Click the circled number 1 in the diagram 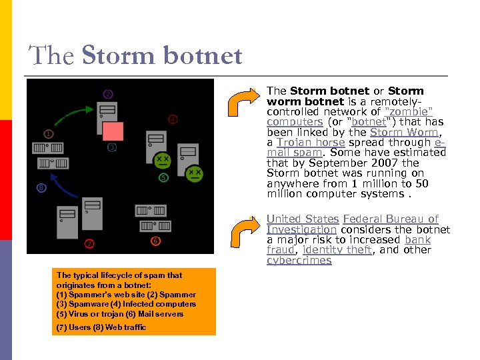(x=49, y=133)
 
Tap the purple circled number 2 (x=108, y=94)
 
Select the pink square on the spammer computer (x=113, y=131)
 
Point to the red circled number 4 (x=173, y=119)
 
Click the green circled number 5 (x=163, y=177)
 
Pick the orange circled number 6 (x=155, y=240)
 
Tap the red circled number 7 (x=89, y=243)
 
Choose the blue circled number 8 (x=41, y=189)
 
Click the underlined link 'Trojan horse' (x=311, y=142)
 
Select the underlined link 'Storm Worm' (x=404, y=132)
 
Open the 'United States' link (x=303, y=219)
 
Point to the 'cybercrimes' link (x=299, y=260)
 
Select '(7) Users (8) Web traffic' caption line (x=101, y=327)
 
